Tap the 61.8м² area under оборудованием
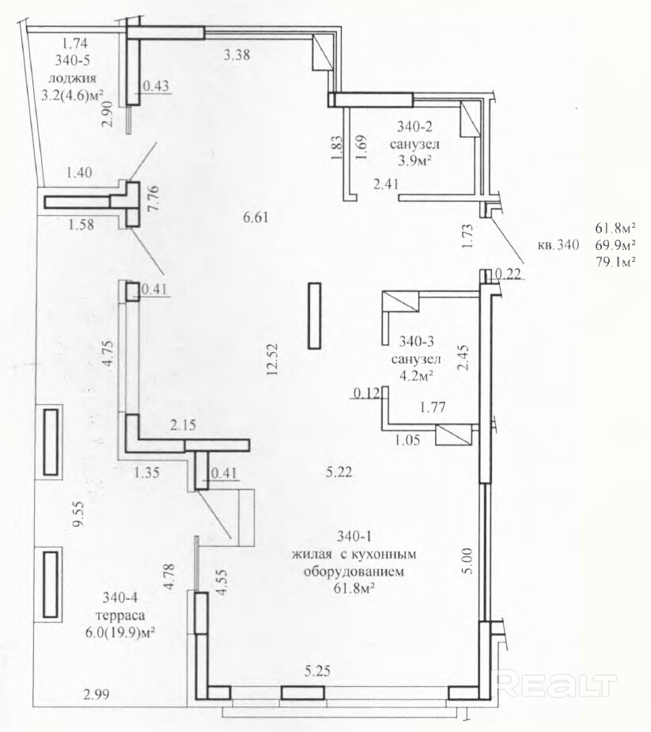[354, 589]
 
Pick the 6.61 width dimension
[255, 217]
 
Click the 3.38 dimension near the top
[237, 55]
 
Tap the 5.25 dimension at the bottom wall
[317, 671]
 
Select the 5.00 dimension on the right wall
[467, 561]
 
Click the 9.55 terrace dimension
[79, 514]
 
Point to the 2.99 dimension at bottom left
[97, 694]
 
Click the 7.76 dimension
[153, 199]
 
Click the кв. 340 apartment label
[558, 245]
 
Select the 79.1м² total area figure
[615, 262]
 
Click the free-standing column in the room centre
[315, 316]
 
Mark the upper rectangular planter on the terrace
[51, 441]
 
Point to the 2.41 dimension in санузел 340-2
[386, 184]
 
